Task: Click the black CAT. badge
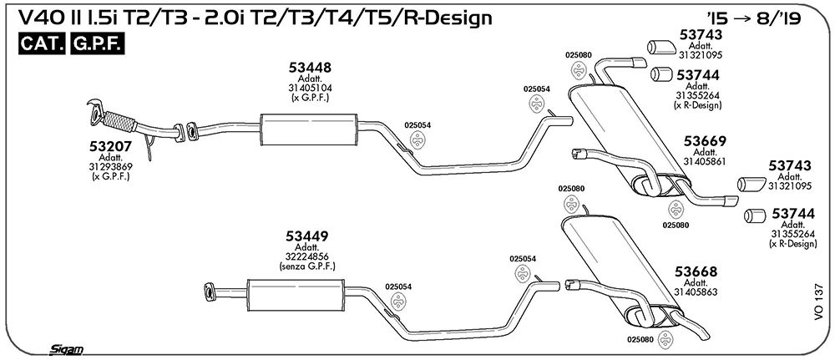point(42,45)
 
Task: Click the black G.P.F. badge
point(97,45)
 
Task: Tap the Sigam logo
point(66,349)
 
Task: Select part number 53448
point(311,68)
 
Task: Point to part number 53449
point(306,236)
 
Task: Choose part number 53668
point(696,271)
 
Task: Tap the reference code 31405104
point(311,89)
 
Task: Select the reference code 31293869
point(111,166)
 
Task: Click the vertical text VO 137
point(818,302)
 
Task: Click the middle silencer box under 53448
point(310,129)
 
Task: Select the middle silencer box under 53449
point(296,295)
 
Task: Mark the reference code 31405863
point(696,292)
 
